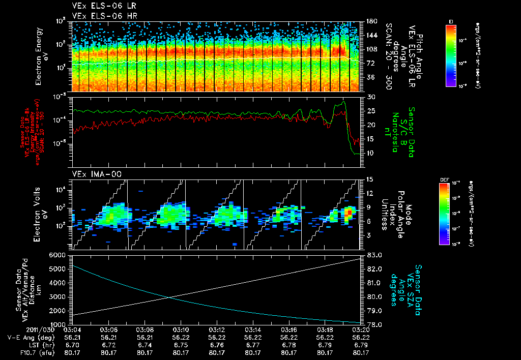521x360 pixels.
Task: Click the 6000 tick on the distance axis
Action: (60, 255)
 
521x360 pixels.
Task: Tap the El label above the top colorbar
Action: (451, 21)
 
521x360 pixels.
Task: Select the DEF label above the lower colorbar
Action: (444, 179)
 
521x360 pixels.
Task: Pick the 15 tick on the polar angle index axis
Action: (370, 179)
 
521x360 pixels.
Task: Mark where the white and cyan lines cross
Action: (168, 297)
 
